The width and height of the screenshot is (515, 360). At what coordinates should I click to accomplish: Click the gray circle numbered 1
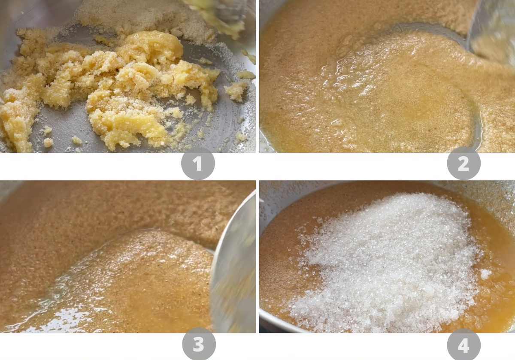click(198, 163)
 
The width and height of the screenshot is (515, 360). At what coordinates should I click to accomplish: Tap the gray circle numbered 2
click(463, 163)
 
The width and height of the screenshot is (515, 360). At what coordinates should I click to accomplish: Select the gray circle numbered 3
click(199, 345)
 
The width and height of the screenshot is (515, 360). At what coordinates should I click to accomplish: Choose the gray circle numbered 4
click(463, 345)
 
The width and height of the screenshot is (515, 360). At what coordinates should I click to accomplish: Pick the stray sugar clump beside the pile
click(485, 273)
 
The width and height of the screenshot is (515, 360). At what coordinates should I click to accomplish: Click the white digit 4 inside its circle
click(463, 345)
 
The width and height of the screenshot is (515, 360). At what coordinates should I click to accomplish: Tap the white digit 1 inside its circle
click(198, 164)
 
